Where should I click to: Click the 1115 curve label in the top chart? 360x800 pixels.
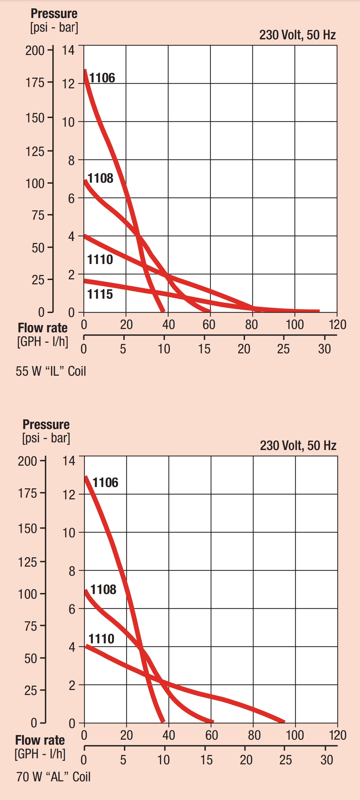click(x=100, y=294)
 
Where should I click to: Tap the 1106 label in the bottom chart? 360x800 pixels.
click(x=105, y=482)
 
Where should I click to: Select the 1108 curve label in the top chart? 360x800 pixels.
click(x=100, y=178)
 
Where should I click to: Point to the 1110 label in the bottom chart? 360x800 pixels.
click(x=101, y=639)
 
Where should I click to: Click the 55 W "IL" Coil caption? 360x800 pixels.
click(x=51, y=371)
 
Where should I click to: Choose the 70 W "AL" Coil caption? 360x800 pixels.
click(x=53, y=777)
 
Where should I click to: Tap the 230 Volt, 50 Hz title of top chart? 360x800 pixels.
click(x=297, y=35)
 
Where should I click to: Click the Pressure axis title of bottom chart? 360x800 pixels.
click(x=46, y=424)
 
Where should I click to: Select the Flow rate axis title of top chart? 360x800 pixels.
click(x=43, y=328)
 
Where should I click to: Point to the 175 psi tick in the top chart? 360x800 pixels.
click(x=35, y=82)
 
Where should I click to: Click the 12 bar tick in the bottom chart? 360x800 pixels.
click(x=69, y=495)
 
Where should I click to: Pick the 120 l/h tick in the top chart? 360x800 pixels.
click(x=337, y=324)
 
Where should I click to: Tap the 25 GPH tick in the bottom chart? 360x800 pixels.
click(x=286, y=760)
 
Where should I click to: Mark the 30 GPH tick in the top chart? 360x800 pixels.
click(x=324, y=349)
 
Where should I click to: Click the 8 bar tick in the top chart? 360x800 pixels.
click(x=71, y=161)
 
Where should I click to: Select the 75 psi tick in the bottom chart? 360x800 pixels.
click(x=30, y=626)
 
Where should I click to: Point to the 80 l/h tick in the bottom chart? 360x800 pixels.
click(x=254, y=735)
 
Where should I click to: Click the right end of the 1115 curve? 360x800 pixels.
click(x=319, y=311)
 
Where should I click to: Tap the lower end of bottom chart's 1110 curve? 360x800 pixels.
click(x=284, y=722)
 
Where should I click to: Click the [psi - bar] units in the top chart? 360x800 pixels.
click(x=54, y=27)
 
